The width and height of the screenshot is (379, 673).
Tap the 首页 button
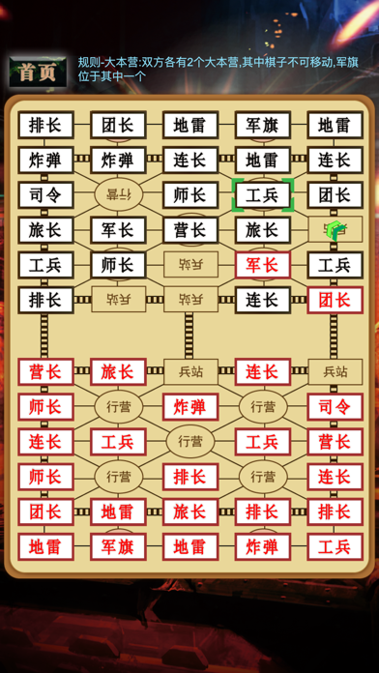point(38,72)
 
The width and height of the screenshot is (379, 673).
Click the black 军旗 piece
point(262,126)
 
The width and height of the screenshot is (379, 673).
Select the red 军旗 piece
point(118,546)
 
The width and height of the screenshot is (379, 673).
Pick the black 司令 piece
point(45,195)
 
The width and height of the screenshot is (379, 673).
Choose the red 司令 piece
point(335,407)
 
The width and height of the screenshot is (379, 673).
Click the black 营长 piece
point(189,230)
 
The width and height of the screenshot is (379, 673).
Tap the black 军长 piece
point(118,230)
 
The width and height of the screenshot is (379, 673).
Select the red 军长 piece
point(262,265)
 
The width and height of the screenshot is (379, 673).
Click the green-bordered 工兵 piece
point(262,195)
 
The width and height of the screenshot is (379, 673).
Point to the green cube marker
point(335,230)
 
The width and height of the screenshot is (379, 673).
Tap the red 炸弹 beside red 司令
point(189,407)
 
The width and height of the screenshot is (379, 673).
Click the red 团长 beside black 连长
point(335,300)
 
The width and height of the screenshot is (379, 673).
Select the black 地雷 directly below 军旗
point(262,161)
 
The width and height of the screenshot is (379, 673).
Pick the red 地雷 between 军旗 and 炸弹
point(189,546)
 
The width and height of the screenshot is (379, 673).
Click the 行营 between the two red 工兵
point(189,442)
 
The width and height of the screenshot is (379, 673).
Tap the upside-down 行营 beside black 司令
point(118,195)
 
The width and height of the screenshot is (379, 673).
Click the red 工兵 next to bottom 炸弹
point(335,546)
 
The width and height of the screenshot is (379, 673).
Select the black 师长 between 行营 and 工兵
point(189,195)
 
